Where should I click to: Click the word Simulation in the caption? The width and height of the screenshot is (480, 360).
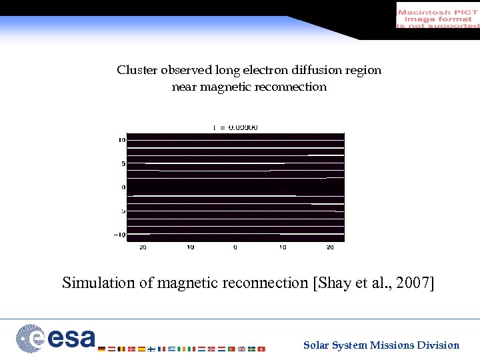pyautogui.click(x=99, y=283)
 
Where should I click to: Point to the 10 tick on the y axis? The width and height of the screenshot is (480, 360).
pyautogui.click(x=121, y=140)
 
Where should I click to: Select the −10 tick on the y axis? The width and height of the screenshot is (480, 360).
pyautogui.click(x=119, y=234)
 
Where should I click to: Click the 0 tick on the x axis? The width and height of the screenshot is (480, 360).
pyautogui.click(x=235, y=247)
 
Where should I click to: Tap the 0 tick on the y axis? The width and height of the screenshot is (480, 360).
pyautogui.click(x=123, y=187)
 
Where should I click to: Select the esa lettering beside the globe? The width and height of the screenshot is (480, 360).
pyautogui.click(x=71, y=339)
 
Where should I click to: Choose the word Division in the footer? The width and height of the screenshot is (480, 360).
pyautogui.click(x=438, y=345)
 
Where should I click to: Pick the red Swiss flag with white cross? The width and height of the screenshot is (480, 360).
pyautogui.click(x=261, y=349)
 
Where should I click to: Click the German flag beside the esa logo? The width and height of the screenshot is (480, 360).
pyautogui.click(x=101, y=349)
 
